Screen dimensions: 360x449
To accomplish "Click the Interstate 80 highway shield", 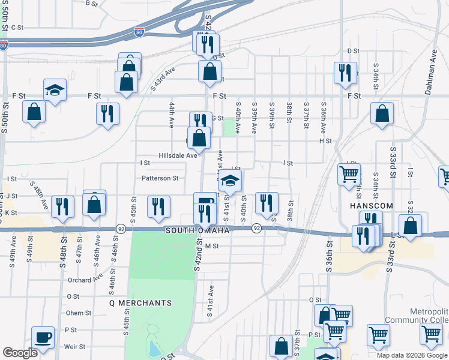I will click(139, 30).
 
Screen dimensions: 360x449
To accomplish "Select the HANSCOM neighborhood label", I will click(370, 205).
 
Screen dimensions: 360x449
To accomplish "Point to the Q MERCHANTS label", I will click(140, 303).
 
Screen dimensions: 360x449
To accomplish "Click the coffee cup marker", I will click(43, 337).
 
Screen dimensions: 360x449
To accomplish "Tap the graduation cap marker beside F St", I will click(55, 91).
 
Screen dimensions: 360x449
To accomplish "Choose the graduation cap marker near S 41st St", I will click(231, 179).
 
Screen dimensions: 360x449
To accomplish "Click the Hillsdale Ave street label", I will click(178, 155).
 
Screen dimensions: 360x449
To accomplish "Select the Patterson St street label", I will click(160, 178).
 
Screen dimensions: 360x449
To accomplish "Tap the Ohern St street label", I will click(79, 313).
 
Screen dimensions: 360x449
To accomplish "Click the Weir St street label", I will click(74, 346).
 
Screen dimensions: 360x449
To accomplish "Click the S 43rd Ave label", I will click(162, 79).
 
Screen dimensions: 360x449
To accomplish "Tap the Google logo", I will click(20, 353).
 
